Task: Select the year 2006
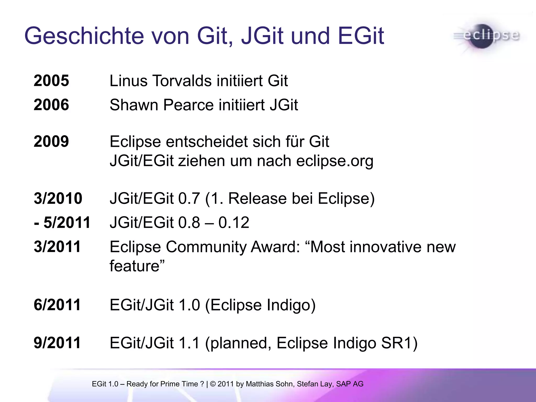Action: click(x=51, y=105)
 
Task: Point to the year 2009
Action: click(x=51, y=142)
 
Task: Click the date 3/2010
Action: click(x=58, y=198)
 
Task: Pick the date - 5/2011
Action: click(x=62, y=223)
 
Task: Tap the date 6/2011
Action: click(x=57, y=305)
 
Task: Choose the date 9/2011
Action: click(x=57, y=343)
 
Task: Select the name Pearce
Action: click(x=188, y=105)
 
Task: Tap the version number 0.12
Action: click(x=234, y=223)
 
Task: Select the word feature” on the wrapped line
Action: click(x=137, y=266)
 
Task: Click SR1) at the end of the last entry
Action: click(x=399, y=343)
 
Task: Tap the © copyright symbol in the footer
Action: click(x=213, y=384)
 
